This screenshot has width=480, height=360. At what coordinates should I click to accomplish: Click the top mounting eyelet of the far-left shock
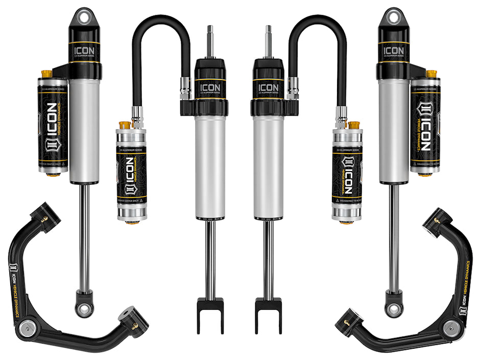point(83,17)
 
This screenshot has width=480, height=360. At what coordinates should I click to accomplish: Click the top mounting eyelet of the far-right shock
point(393,17)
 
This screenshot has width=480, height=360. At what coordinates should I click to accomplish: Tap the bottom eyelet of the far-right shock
point(393,308)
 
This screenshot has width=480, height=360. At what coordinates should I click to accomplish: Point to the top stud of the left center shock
point(210,41)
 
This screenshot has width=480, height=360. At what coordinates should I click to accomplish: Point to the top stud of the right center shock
point(268,41)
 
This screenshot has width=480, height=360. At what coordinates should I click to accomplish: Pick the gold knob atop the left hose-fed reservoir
point(124,125)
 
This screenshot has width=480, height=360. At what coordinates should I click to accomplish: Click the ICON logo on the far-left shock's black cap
point(84,51)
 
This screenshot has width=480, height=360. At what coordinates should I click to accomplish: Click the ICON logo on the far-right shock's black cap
point(393,51)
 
